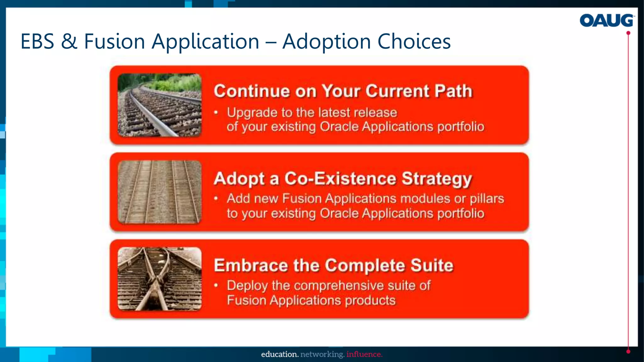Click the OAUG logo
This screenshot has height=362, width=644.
[x=606, y=20]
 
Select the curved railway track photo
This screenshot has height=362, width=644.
[x=159, y=105]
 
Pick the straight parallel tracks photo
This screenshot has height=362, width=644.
[x=159, y=192]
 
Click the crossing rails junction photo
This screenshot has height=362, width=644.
[x=159, y=279]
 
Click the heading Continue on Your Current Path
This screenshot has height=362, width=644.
[x=343, y=91]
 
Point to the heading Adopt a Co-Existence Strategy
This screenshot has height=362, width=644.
[x=343, y=178]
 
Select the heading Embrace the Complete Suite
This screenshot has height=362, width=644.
[x=333, y=265]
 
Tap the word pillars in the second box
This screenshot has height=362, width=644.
[x=487, y=199]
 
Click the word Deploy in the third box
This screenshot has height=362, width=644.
[x=247, y=286]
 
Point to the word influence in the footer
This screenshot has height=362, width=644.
[x=364, y=354]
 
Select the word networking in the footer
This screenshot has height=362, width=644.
[x=322, y=354]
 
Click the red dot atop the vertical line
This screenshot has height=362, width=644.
[x=628, y=33]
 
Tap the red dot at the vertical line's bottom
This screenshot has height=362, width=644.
[x=628, y=352]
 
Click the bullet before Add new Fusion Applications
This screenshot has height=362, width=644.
[x=216, y=199]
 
